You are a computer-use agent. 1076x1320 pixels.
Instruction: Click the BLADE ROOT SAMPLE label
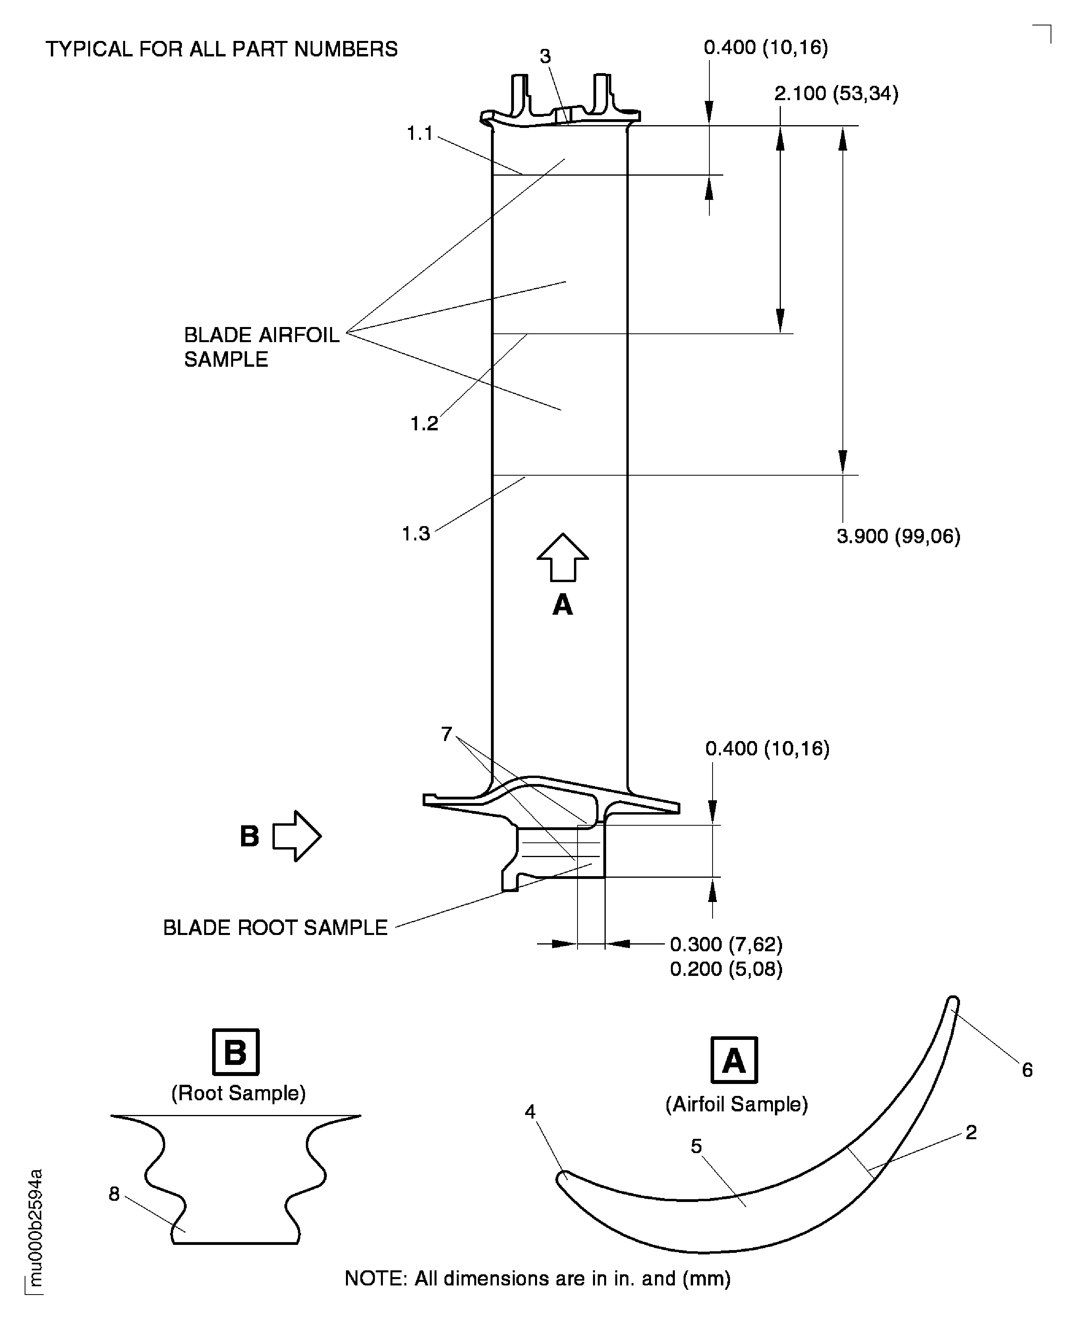pos(275,928)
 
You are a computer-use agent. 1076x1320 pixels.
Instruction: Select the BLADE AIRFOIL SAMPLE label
pos(262,347)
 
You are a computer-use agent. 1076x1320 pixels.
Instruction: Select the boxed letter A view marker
pos(734,1060)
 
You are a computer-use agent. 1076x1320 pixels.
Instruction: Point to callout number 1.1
pos(419,133)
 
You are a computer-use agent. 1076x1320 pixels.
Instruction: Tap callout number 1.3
pos(416,534)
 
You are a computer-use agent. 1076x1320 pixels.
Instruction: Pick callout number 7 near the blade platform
pos(446,734)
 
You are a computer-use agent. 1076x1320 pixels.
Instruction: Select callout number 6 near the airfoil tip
pos(1027,1070)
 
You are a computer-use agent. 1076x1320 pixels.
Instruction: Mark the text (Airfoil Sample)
pos(737,1104)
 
